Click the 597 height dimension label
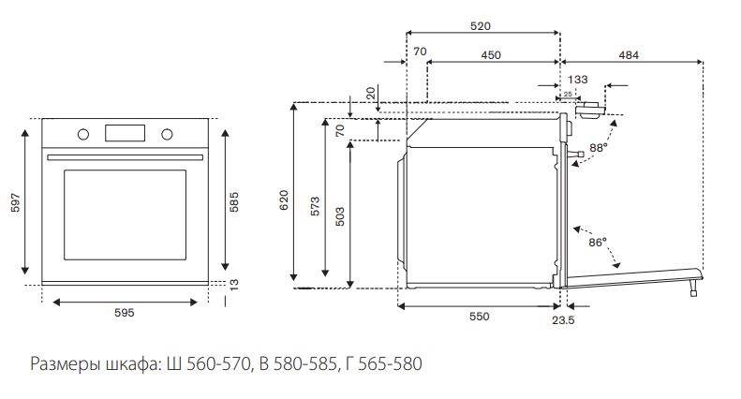click(16, 202)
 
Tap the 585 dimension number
click(234, 202)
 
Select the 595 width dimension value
click(125, 313)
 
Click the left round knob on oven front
click(83, 134)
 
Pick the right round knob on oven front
click(167, 134)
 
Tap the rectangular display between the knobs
click(125, 133)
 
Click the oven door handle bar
click(125, 157)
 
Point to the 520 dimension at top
click(481, 26)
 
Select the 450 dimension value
click(491, 55)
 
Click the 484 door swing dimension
click(629, 55)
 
